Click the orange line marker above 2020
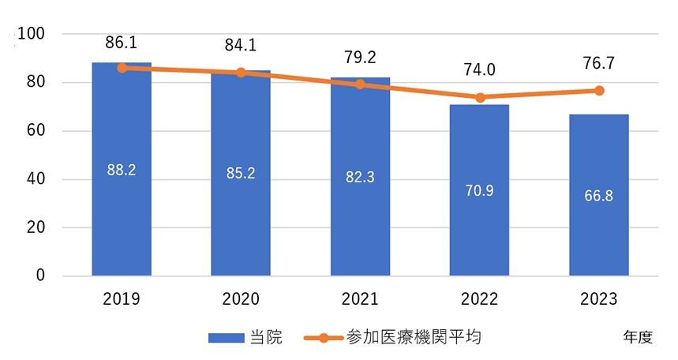click(241, 73)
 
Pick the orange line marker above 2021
click(360, 84)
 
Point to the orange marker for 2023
click(599, 91)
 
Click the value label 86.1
click(122, 42)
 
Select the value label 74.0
click(479, 69)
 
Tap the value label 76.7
click(599, 63)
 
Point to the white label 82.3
click(360, 178)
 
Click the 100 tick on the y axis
click(36, 34)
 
